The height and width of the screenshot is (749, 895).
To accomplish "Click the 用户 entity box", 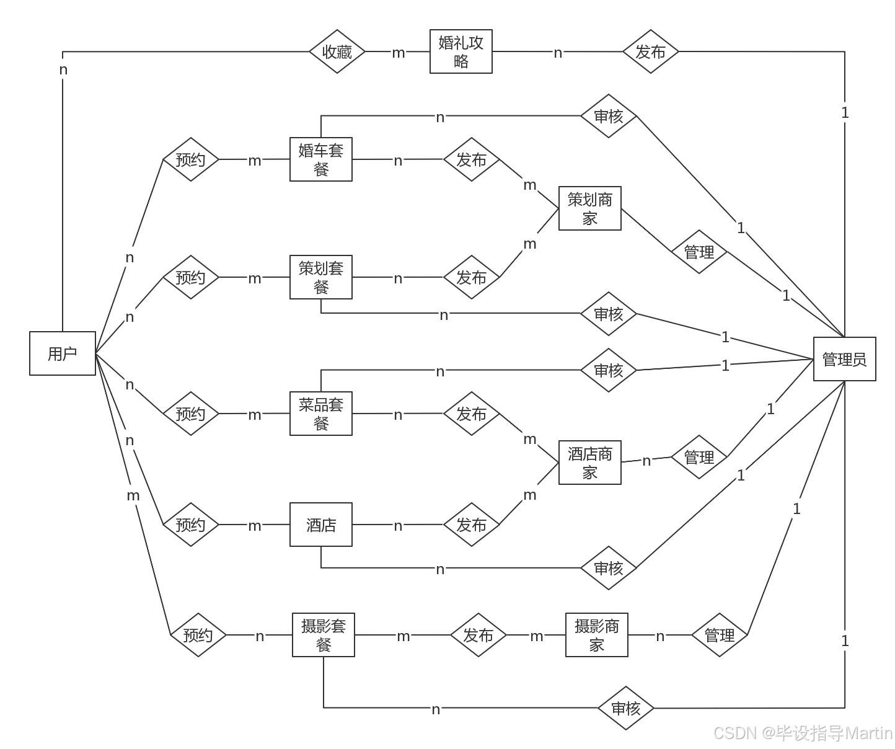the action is coord(63,353).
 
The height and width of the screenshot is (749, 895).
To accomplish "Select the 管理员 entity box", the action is coord(844,359).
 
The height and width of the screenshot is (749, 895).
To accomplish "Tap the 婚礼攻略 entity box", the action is coord(461,51).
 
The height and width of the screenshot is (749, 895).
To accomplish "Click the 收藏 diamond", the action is coord(337,51).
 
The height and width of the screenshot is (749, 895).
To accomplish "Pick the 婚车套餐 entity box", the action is coord(321,159).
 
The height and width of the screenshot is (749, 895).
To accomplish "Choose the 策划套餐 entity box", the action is coord(321,277).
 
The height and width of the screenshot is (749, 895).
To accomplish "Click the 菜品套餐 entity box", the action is coord(321,414).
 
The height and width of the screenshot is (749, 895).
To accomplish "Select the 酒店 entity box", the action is coord(321,525).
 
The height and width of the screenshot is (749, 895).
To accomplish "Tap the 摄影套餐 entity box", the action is coord(324,635).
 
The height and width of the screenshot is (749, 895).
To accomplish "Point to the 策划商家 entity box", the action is coord(590,208).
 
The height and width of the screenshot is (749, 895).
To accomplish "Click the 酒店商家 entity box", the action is coord(590,463).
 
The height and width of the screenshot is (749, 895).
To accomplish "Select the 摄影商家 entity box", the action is coord(597,635).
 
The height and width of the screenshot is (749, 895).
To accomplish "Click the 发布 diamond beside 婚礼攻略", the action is coord(650,51).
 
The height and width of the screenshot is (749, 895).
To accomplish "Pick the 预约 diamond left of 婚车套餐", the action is coord(190,159).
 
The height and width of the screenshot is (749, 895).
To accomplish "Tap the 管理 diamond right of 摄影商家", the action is coord(720,635).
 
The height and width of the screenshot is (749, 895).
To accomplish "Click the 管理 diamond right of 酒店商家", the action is coord(699,457).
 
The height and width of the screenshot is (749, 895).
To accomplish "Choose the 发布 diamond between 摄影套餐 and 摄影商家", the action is coord(478,635).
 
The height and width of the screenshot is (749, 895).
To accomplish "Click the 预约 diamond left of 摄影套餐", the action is coord(198,635).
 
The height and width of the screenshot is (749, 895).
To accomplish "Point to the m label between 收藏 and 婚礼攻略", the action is coord(399,53).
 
